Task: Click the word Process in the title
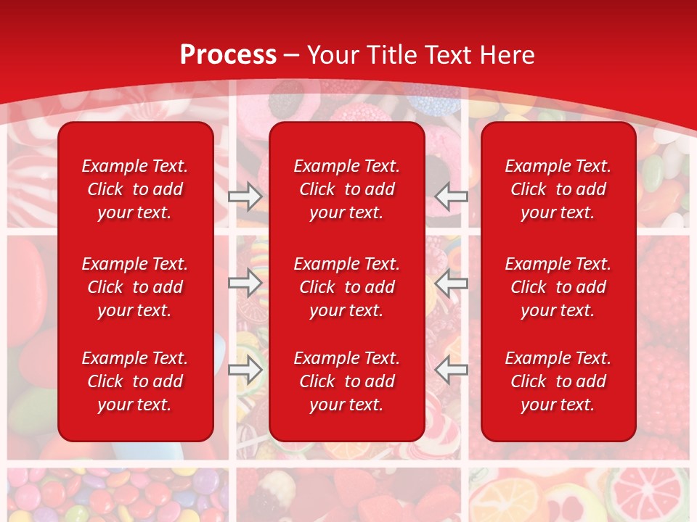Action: pos(228,54)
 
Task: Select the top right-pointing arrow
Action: pos(245,196)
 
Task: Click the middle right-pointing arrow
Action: pos(245,283)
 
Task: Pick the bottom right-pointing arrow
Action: pos(245,370)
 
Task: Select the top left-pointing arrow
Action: pos(452,196)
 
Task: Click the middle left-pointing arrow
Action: pos(452,283)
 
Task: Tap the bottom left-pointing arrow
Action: pos(452,370)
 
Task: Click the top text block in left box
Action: pos(135,189)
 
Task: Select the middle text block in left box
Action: pos(135,287)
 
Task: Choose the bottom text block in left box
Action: pos(135,381)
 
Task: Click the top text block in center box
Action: pos(347,189)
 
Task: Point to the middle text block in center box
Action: pos(347,287)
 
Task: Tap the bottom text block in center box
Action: pos(347,381)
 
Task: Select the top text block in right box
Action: pos(558,189)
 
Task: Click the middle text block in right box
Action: pos(558,287)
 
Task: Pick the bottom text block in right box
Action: pos(558,381)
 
